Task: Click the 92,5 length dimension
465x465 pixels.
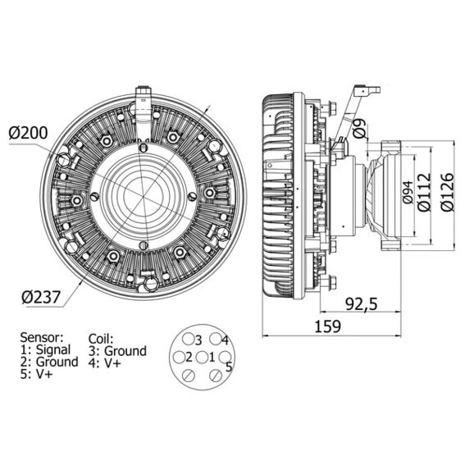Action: coord(362,303)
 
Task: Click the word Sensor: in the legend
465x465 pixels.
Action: coord(42,337)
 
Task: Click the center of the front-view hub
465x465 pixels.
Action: coord(142,196)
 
